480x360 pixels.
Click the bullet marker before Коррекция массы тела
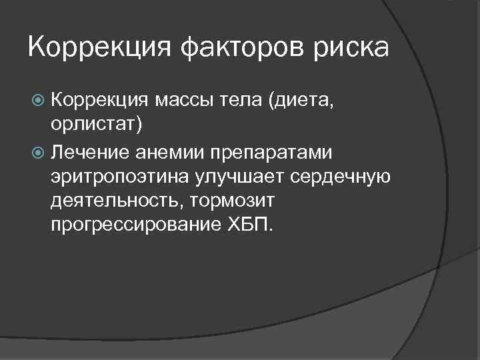[x=37, y=101]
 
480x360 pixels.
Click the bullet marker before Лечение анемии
[x=37, y=153]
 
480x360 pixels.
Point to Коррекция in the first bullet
[x=99, y=101]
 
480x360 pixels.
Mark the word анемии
[x=166, y=153]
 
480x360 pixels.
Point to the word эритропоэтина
[x=114, y=177]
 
